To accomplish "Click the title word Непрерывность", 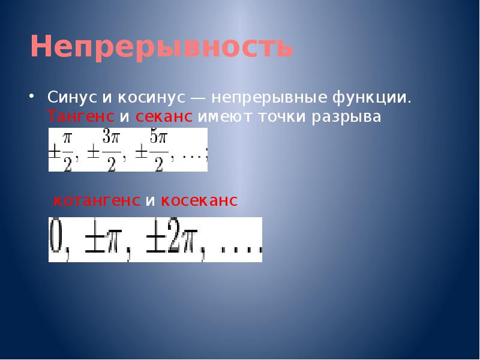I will click(161, 47).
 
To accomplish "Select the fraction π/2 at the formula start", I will click(66, 150).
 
